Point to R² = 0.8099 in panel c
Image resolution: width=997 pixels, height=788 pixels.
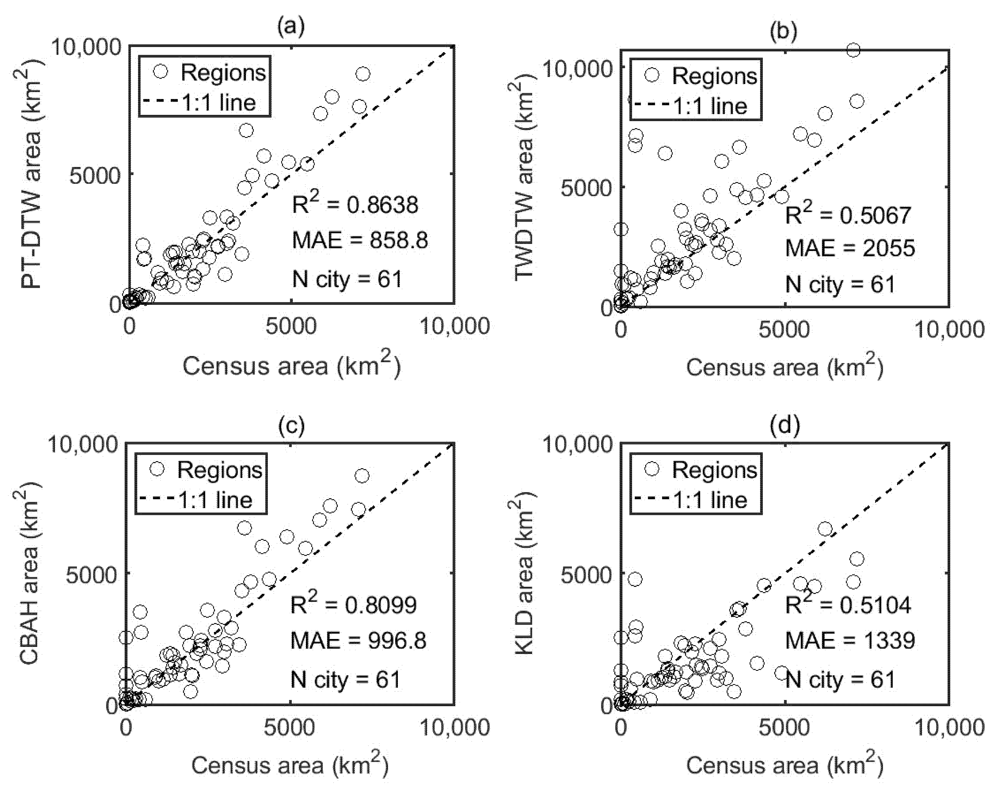353,604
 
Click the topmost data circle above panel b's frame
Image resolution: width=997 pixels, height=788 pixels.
853,50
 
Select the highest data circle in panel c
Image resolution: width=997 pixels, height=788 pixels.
362,476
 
